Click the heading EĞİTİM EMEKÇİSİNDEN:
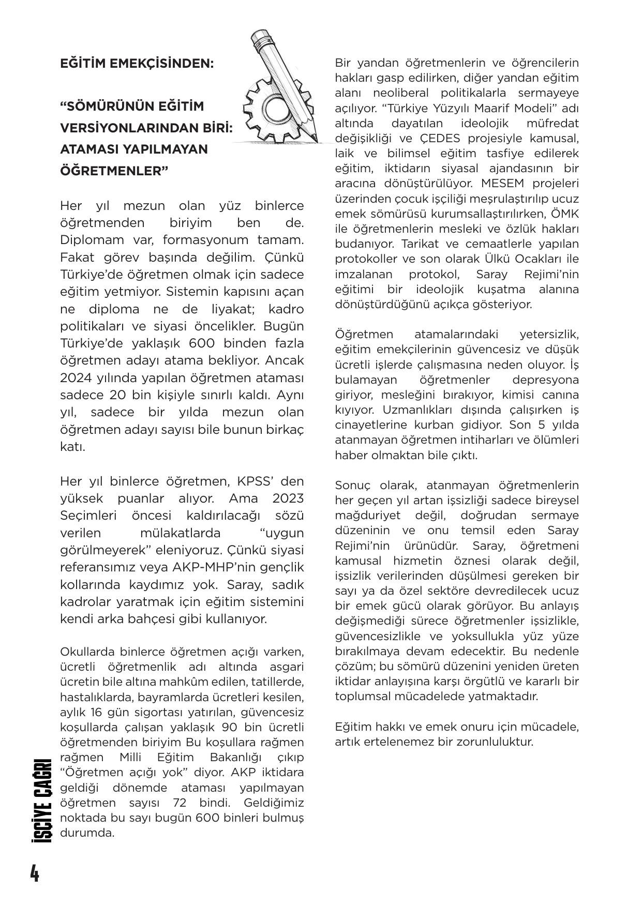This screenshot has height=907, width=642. (137, 64)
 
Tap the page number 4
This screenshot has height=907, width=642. (34, 873)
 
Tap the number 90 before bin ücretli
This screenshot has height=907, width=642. (229, 727)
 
